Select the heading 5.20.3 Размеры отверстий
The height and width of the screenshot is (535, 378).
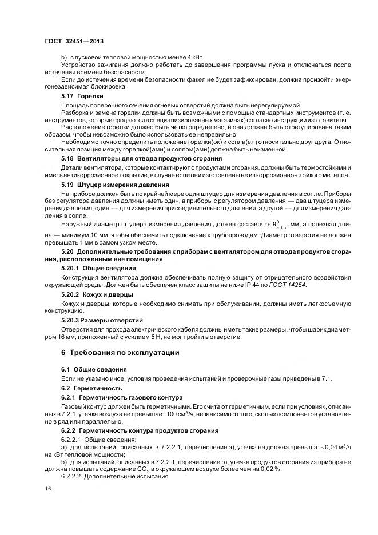[102, 320]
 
